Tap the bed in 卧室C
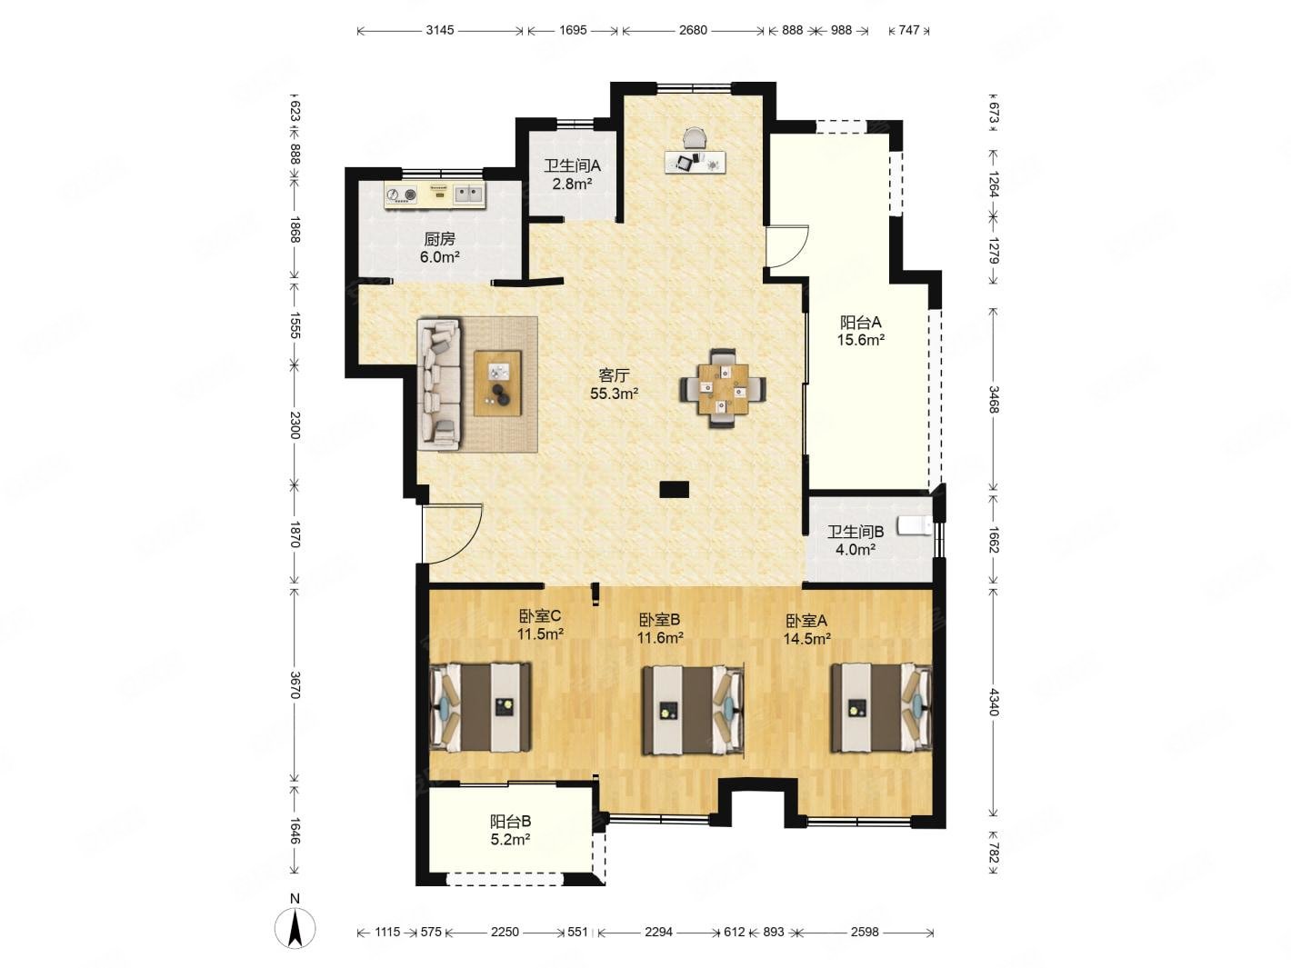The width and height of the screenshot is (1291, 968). [x=481, y=707]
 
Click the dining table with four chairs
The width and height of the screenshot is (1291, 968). [x=723, y=388]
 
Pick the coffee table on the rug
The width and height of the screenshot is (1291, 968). [x=497, y=384]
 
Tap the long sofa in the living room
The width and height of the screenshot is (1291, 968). [x=439, y=385]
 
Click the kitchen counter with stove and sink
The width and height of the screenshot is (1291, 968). [x=435, y=195]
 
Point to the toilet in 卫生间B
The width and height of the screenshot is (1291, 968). [x=915, y=524]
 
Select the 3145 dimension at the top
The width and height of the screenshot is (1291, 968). [x=439, y=30]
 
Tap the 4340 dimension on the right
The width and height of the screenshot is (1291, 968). [x=994, y=702]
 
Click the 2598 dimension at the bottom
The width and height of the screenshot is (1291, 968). [x=864, y=932]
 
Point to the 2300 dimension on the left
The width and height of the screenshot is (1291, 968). [x=295, y=425]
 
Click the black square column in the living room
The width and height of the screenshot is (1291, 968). [x=674, y=490]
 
